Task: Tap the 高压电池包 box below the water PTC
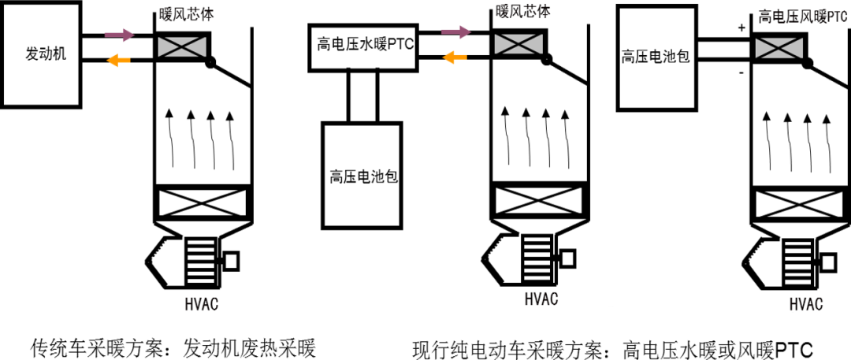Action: pos(363,175)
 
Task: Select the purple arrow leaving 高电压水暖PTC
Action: pos(455,32)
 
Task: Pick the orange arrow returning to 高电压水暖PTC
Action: pos(455,57)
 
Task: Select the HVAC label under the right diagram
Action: pos(805,304)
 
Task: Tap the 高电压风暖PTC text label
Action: pos(802,16)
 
